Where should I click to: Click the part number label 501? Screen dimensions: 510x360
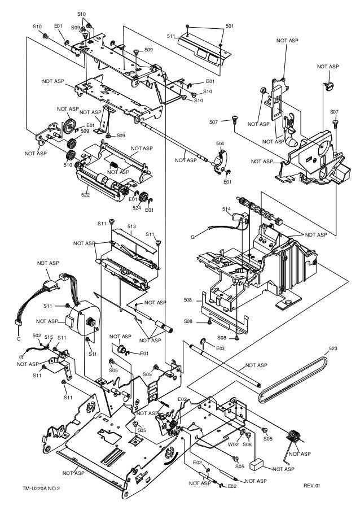(x=230, y=25)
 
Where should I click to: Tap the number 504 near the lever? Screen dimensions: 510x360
(x=220, y=144)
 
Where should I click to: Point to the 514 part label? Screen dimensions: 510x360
(x=226, y=209)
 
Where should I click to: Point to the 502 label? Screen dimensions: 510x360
(x=37, y=335)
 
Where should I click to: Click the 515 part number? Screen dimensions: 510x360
(x=49, y=337)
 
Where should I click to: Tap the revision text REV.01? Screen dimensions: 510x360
(x=311, y=485)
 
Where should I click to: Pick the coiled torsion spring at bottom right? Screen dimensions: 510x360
(x=293, y=437)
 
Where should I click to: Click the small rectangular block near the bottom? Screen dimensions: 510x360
(x=257, y=464)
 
